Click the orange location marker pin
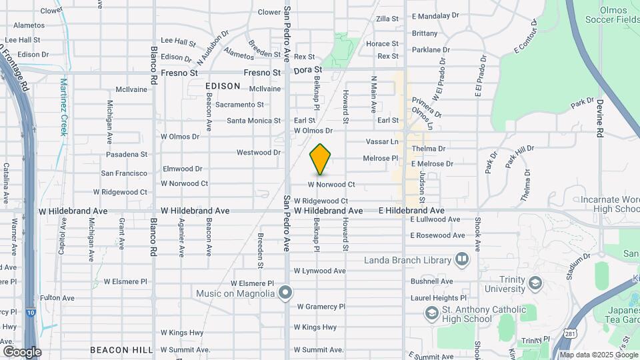321,159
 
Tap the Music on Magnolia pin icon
286,293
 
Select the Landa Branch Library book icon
461,259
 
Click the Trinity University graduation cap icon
535,283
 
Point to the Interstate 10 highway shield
31,311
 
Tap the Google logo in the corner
22,351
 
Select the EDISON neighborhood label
223,86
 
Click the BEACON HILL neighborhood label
117,349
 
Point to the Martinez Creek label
64,107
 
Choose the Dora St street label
308,69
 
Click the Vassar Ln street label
382,141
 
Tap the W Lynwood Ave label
320,271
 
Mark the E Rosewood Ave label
437,235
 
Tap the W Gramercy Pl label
321,307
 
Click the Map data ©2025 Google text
599,355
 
